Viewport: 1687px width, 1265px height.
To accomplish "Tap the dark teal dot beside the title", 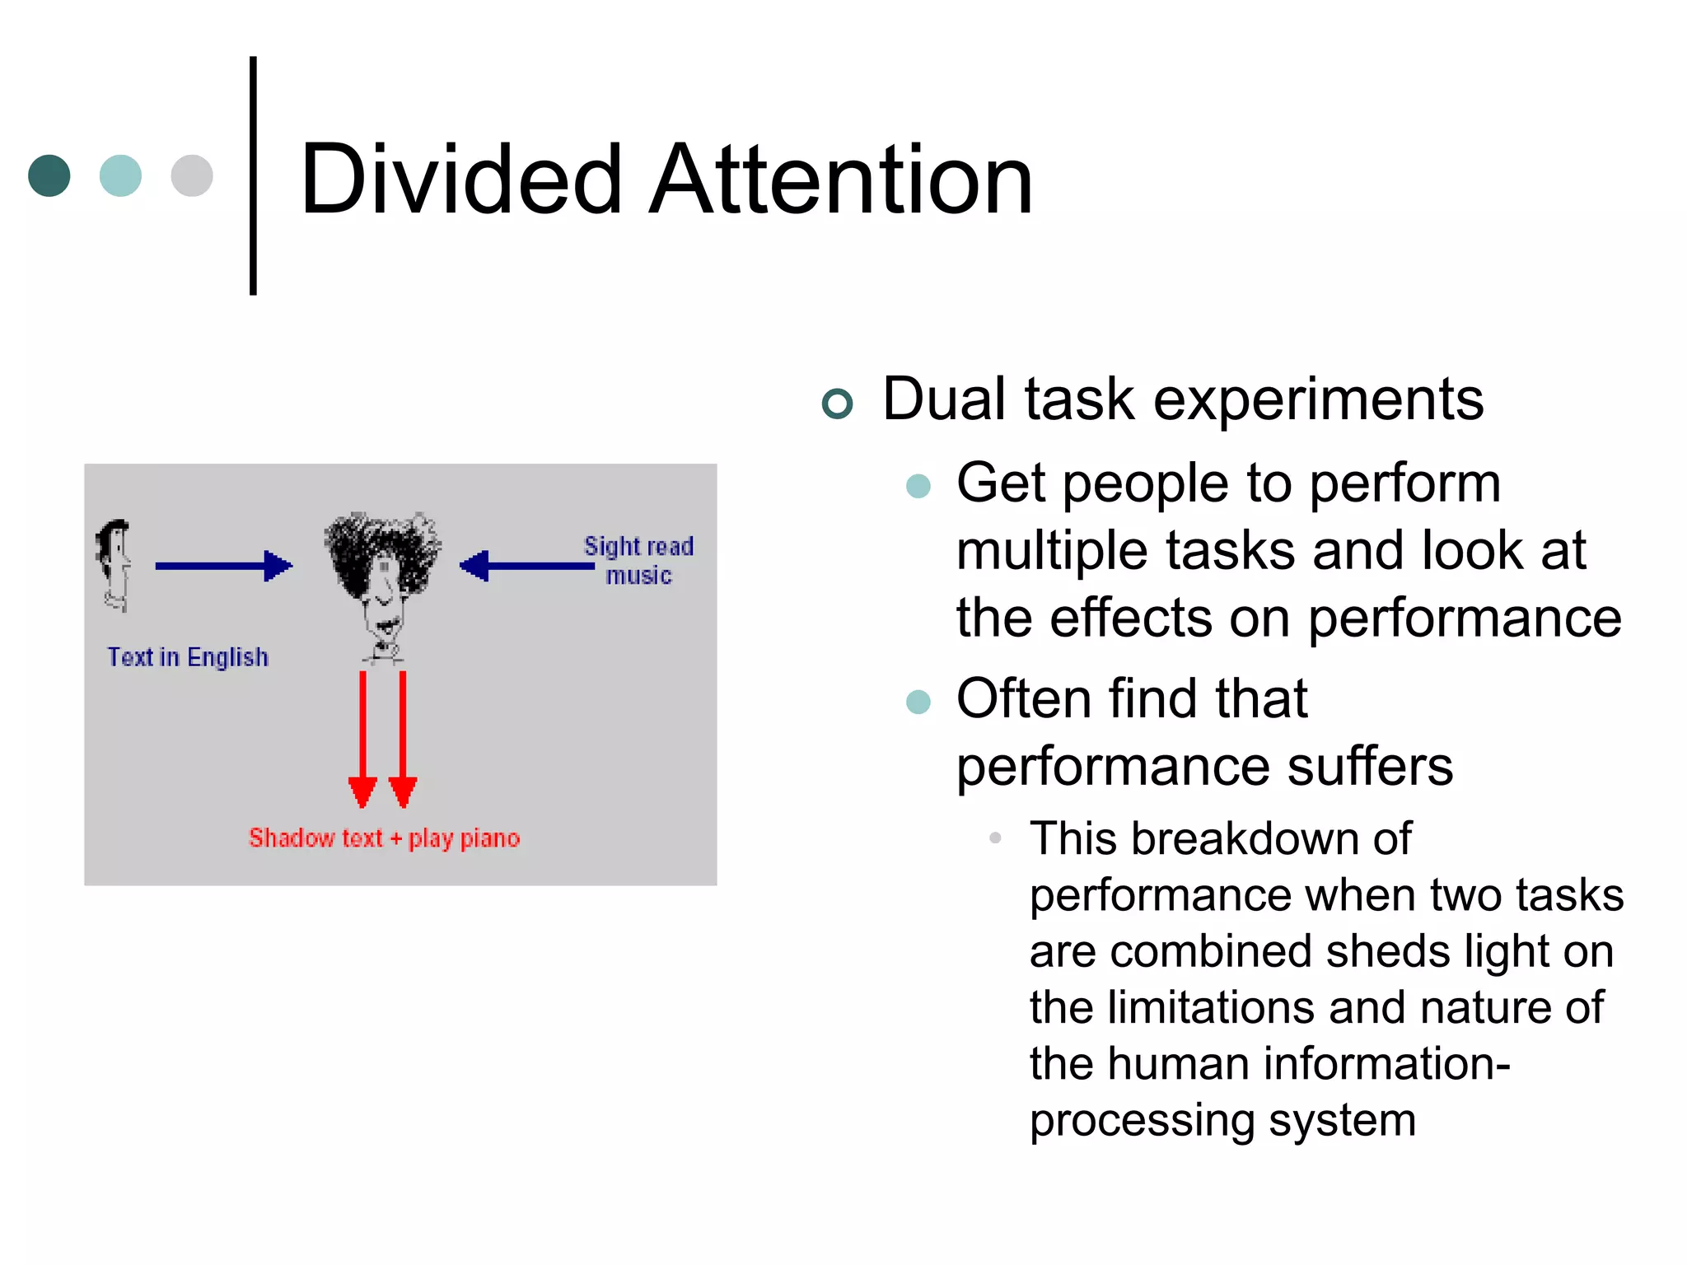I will click(49, 175).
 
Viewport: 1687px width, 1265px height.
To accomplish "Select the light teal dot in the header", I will click(120, 175).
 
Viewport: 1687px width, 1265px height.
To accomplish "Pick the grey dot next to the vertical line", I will click(192, 175).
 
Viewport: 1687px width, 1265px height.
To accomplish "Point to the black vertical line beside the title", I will click(253, 175).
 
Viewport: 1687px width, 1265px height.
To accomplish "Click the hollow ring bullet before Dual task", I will click(837, 404).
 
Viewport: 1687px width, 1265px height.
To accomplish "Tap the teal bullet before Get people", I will click(918, 486).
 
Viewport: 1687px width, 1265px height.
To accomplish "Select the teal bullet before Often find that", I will click(918, 702).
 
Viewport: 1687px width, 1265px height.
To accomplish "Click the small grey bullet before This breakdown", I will click(995, 838).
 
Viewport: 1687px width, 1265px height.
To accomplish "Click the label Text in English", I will click(188, 657).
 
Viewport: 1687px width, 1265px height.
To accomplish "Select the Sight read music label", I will click(638, 561).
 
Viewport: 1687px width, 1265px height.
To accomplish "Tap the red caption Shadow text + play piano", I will click(384, 838).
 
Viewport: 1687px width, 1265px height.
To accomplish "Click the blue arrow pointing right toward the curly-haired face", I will click(222, 566).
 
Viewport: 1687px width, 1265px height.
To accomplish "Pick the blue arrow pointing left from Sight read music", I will click(527, 566).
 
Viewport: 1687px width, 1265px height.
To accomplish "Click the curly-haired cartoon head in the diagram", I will click(382, 576).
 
